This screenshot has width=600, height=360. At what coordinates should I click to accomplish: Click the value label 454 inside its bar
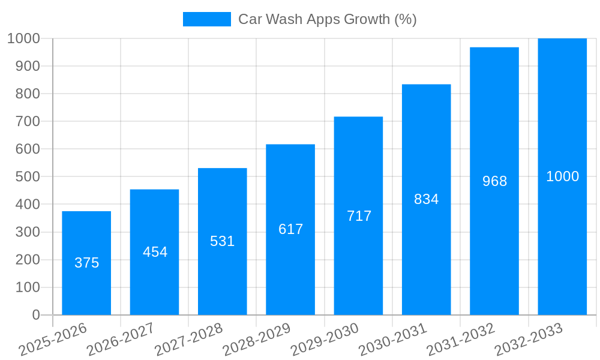(x=155, y=252)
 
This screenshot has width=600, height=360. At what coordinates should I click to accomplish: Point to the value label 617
(x=290, y=229)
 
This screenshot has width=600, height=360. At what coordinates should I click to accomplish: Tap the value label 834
(x=426, y=199)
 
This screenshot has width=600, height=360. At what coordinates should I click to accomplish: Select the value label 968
(x=494, y=181)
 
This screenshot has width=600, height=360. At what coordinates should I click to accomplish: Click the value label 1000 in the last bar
(x=562, y=176)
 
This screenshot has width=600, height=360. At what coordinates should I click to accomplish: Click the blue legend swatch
(x=206, y=19)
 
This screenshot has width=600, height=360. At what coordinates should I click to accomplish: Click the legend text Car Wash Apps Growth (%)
(x=327, y=19)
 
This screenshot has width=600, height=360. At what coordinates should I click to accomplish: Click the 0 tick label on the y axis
(x=36, y=315)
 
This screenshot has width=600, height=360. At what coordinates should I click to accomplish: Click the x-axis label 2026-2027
(x=121, y=339)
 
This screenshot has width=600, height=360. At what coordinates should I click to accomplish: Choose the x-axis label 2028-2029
(x=257, y=339)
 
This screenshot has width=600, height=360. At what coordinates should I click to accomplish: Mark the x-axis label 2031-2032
(x=461, y=339)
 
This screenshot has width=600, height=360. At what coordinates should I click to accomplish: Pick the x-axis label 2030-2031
(x=393, y=339)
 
